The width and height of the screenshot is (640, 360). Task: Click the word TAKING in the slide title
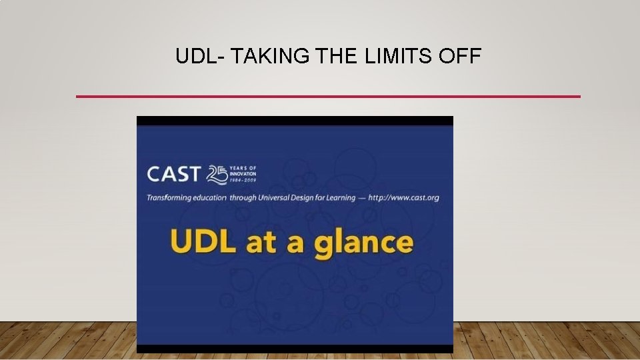272,57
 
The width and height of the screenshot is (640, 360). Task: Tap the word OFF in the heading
459,57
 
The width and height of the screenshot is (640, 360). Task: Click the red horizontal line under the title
328,97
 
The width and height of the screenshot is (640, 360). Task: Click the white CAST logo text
173,175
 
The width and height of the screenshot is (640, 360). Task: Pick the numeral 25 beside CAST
217,174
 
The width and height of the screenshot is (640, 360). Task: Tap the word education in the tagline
212,198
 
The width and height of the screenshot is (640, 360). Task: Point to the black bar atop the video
295,121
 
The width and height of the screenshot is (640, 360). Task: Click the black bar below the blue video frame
295,349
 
